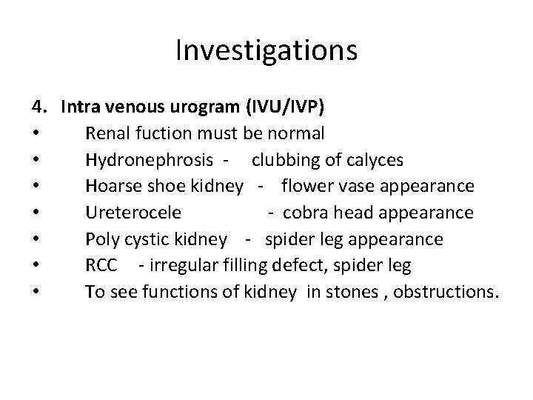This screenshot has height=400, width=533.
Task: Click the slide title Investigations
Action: pos(266,50)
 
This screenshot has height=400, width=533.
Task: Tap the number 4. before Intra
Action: pos(39,107)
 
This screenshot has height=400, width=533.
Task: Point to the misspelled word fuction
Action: pos(166,134)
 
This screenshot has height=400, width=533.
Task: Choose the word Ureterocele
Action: pos(133,213)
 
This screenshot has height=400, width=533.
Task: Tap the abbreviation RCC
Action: pos(101,266)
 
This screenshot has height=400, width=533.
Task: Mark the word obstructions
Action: pos(446,292)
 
